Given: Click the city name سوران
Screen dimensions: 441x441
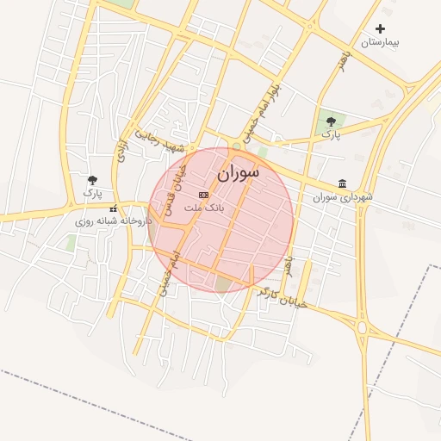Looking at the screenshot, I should [238, 173].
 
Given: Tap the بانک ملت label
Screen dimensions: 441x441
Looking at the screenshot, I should [204, 208].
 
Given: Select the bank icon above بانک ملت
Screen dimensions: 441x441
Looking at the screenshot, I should [203, 196].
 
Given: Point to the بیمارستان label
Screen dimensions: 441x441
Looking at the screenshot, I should [380, 42].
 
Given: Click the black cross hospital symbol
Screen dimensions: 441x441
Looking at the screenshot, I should [380, 29].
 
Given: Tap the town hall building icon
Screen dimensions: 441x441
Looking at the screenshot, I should [343, 183].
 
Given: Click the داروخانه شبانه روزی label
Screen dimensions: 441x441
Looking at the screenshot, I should [113, 221].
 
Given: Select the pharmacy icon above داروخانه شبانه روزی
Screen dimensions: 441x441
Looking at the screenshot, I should [113, 208].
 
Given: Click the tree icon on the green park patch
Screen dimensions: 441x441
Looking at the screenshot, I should [331, 121].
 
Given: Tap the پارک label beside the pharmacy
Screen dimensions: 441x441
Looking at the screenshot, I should [92, 193].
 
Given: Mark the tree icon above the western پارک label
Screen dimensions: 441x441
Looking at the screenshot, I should [92, 179].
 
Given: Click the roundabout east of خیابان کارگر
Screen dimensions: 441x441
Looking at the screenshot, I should [362, 328].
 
